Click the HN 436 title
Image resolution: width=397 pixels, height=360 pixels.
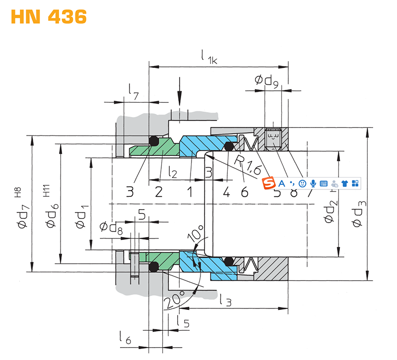(49, 17)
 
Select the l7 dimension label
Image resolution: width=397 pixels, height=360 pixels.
(132, 90)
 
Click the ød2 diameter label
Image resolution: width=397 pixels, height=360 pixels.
(330, 211)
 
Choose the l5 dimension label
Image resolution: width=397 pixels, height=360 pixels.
(183, 323)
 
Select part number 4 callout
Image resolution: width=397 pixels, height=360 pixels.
(226, 191)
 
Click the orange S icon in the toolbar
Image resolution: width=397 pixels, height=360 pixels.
(269, 183)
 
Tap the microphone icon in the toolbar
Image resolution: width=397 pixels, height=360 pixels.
(313, 183)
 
